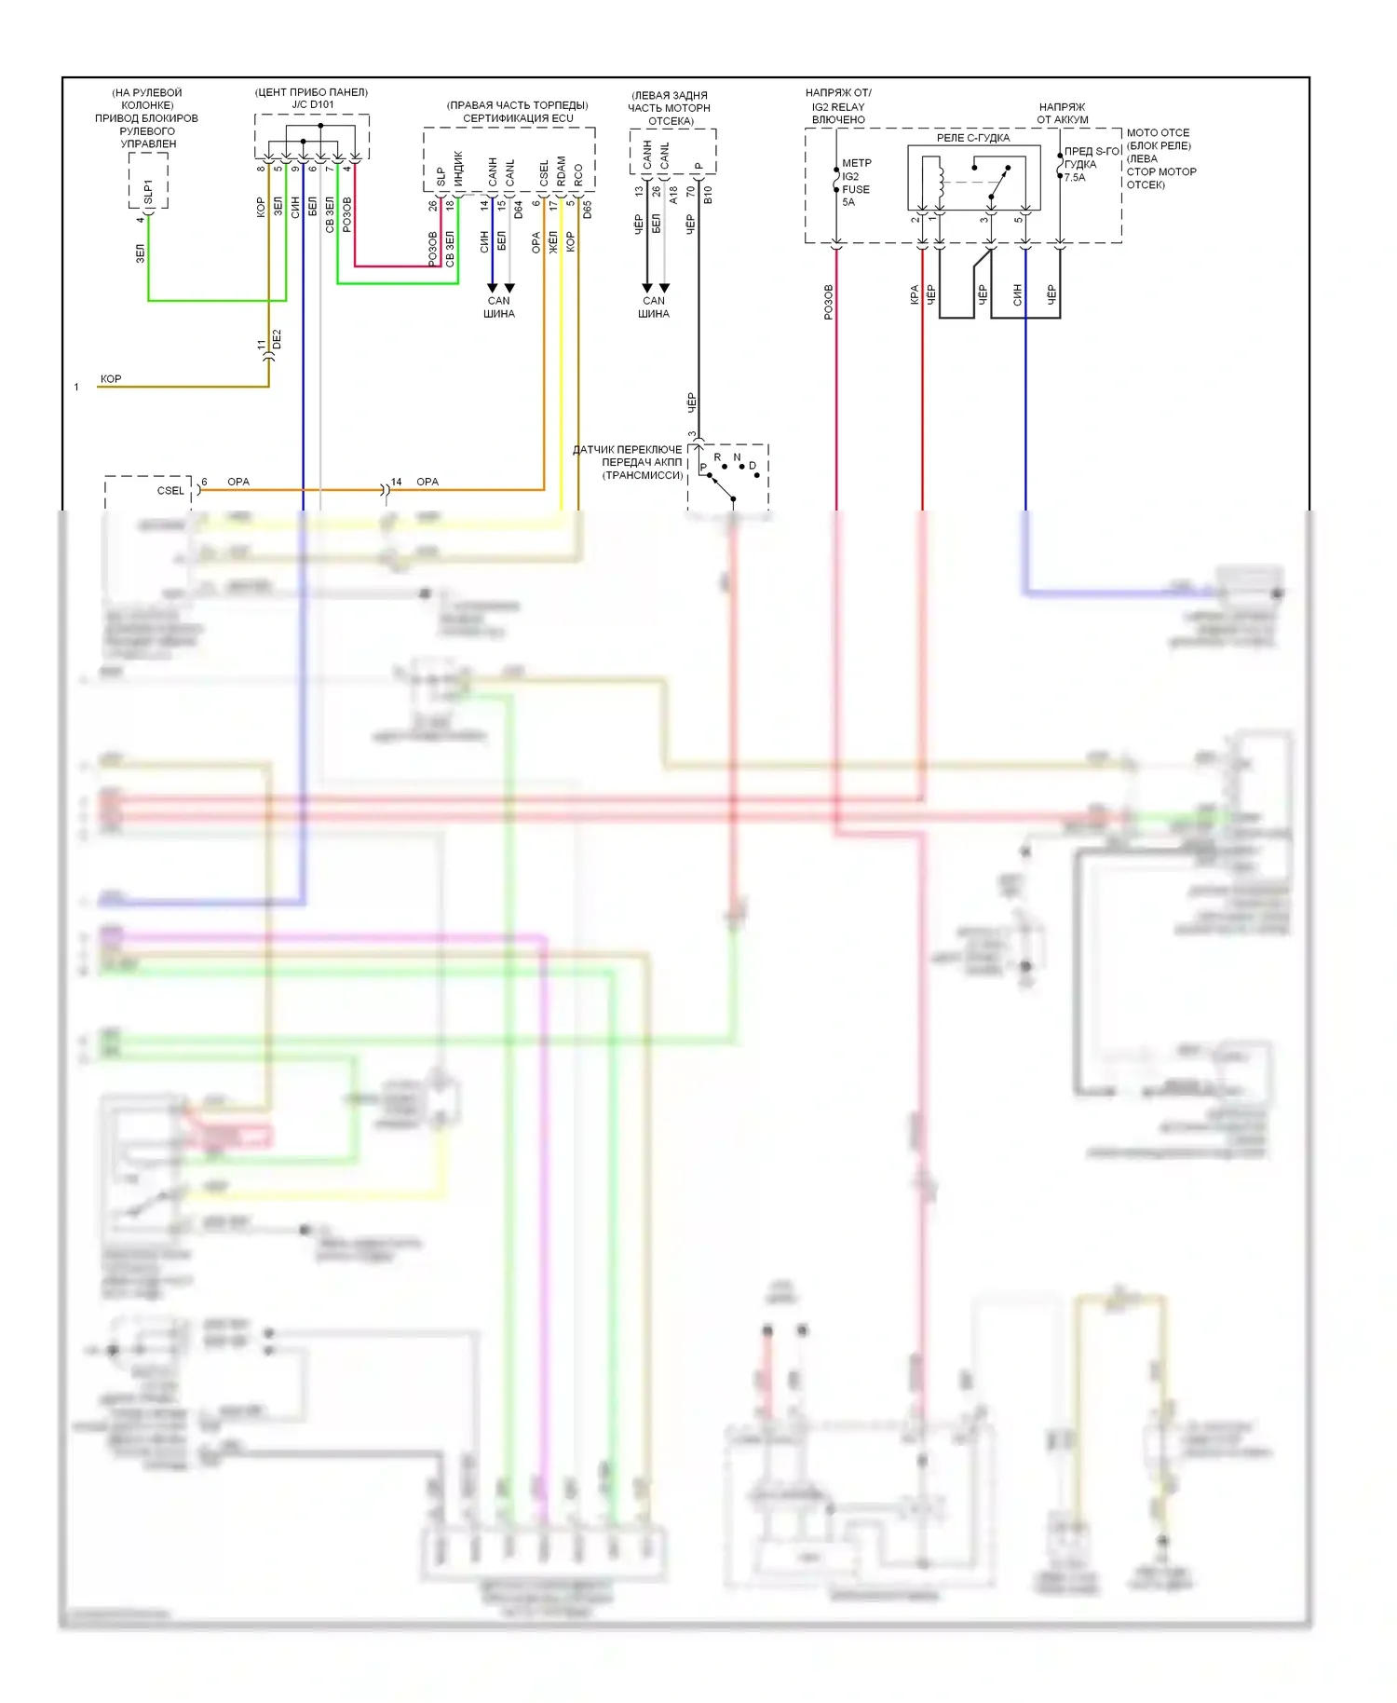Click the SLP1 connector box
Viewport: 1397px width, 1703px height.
pos(148,183)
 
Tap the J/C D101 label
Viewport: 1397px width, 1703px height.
pos(312,104)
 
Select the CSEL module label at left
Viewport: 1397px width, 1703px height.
pos(170,491)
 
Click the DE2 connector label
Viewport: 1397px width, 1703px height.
pos(277,339)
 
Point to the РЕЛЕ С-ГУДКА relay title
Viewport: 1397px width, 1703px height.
pos(972,138)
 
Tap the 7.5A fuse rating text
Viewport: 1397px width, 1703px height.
pos(1075,177)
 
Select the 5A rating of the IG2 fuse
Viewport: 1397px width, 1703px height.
pos(848,202)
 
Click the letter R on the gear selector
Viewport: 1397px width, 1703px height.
pos(717,457)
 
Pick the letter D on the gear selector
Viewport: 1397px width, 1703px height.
pos(753,466)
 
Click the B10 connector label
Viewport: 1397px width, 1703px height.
pos(708,195)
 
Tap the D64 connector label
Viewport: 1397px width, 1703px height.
pos(518,209)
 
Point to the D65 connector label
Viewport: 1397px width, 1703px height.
pos(587,209)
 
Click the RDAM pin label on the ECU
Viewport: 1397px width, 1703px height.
pos(561,170)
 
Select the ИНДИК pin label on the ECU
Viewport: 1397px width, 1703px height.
pos(458,168)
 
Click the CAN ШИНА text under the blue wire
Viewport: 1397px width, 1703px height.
pos(499,307)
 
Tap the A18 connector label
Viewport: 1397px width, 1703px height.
pos(673,195)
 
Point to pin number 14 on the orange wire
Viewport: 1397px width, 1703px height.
pos(396,482)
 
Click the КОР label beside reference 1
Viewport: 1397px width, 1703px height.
pos(111,378)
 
